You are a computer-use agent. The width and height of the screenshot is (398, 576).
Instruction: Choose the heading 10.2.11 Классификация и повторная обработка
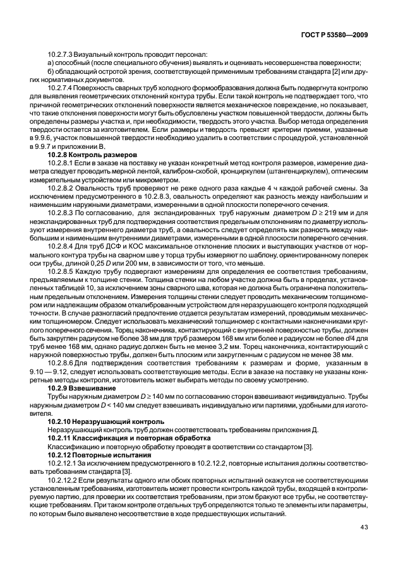(124, 438)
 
